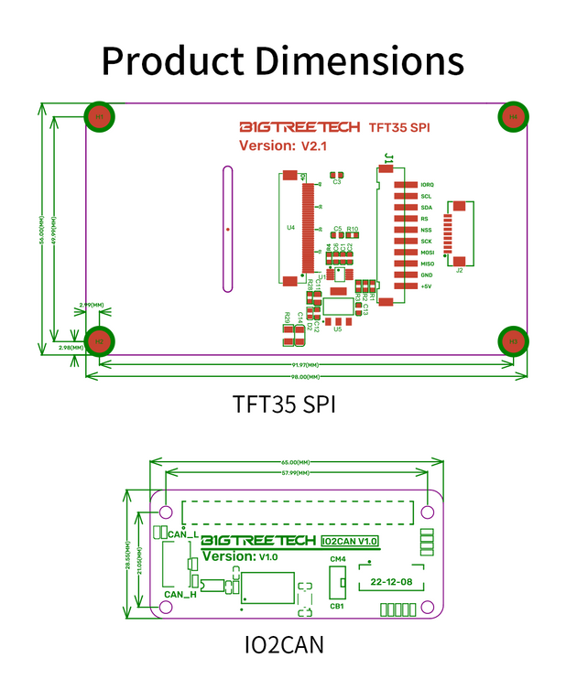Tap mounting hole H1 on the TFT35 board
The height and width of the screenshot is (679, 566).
(x=100, y=116)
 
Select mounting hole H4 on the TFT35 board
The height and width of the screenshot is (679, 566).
(x=513, y=116)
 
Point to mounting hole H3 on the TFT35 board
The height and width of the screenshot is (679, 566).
(x=513, y=341)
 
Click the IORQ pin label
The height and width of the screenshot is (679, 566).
(x=427, y=185)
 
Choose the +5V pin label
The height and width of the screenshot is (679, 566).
(x=426, y=286)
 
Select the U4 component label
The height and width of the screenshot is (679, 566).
(x=291, y=227)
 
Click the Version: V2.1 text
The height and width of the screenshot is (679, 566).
(x=283, y=145)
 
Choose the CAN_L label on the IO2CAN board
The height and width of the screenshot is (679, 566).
(x=181, y=533)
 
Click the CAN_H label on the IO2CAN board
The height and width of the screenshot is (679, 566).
(x=180, y=595)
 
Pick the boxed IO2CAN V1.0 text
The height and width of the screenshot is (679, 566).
(x=350, y=542)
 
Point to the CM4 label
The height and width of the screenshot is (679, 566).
(x=337, y=559)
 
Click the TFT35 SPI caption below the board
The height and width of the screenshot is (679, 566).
(x=284, y=403)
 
